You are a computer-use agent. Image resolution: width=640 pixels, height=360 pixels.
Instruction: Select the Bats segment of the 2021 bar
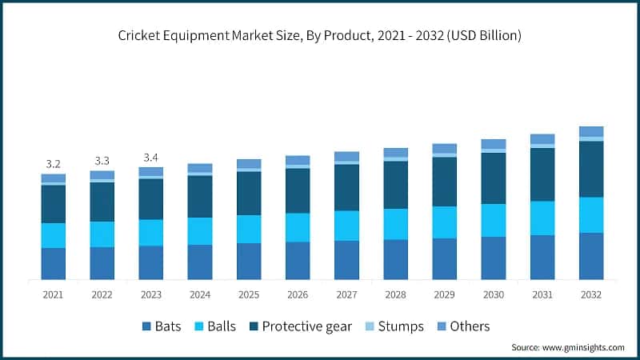(54, 263)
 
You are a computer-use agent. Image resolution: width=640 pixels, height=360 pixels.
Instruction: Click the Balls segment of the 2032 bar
(591, 214)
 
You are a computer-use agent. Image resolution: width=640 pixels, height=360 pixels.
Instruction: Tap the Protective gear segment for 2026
(298, 190)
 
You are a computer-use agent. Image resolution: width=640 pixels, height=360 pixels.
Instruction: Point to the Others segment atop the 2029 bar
(445, 148)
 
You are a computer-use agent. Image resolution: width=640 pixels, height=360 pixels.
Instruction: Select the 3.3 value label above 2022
(102, 159)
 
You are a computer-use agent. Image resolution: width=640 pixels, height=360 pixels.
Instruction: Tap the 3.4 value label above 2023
(151, 156)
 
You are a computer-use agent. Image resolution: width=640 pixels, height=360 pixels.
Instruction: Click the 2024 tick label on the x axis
(200, 294)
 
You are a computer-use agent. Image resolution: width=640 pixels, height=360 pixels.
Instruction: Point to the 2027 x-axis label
(346, 294)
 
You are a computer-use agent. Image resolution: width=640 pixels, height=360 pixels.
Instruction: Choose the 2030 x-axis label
(494, 294)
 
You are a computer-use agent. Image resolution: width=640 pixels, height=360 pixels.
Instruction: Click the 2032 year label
(591, 294)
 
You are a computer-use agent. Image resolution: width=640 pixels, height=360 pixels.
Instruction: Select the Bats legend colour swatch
(146, 326)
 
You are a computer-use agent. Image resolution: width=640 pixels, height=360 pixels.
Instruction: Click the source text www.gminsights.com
(567, 347)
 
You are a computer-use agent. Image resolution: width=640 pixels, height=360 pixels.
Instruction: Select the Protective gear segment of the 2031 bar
(542, 174)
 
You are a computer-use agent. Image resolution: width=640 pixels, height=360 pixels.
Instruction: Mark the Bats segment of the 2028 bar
(396, 259)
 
